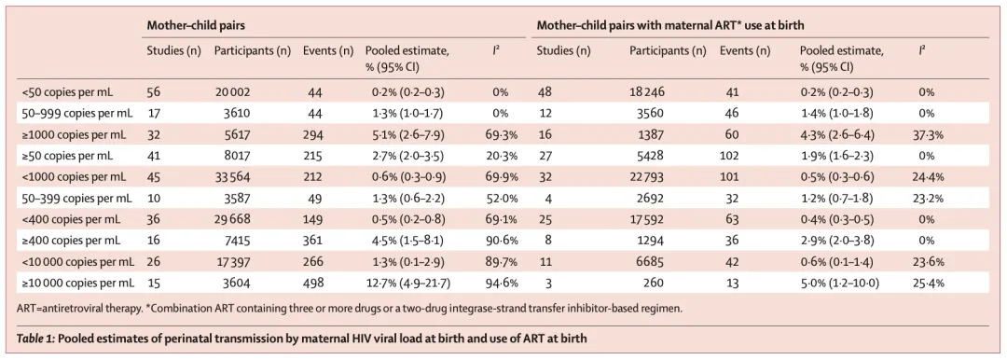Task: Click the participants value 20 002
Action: click(x=231, y=92)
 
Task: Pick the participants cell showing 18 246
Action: click(x=646, y=92)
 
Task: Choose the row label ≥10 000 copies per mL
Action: click(x=77, y=283)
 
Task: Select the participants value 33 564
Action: click(x=231, y=177)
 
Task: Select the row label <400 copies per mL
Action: click(x=70, y=219)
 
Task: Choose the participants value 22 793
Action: click(x=646, y=177)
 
